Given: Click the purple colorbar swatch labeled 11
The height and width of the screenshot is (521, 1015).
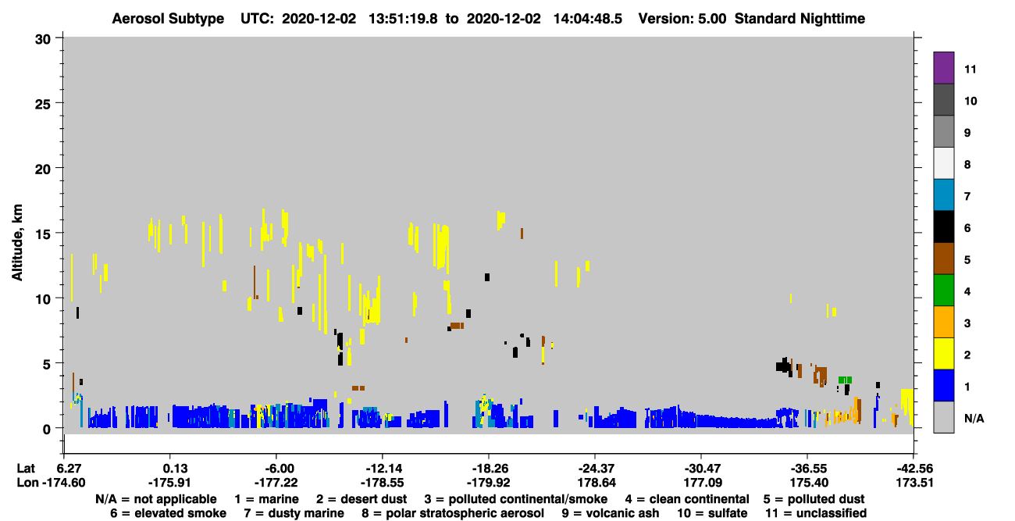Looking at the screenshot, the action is tap(943, 67).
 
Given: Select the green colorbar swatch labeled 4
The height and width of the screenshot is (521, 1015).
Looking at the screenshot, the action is tap(943, 291).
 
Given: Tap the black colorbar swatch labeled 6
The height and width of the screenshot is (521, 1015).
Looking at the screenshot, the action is tap(943, 227).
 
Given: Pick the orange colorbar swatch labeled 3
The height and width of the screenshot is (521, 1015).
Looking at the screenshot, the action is tap(943, 322).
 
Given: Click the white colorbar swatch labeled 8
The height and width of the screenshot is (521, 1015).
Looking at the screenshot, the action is tap(943, 163).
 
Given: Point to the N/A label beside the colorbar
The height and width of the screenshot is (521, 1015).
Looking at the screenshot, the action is tap(974, 418).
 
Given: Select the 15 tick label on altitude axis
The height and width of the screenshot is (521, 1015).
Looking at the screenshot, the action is tap(43, 234).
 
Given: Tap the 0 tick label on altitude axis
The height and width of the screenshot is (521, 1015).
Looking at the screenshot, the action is tap(47, 429).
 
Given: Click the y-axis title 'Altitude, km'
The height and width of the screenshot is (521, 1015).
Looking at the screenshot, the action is tap(16, 243).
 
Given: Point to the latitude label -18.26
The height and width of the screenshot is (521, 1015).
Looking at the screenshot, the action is tap(490, 469).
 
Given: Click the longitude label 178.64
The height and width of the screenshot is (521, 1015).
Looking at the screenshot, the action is tap(597, 483).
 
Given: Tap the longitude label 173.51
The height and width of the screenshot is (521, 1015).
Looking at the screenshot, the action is tap(914, 483).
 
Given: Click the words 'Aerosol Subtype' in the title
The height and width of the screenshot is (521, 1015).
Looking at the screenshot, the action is tap(168, 19).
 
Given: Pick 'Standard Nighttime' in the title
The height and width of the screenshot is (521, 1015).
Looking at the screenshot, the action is tap(800, 19).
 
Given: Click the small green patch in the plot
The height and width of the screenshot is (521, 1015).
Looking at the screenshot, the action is tap(845, 380).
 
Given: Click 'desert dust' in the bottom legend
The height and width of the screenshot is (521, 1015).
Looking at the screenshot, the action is tap(373, 499).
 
